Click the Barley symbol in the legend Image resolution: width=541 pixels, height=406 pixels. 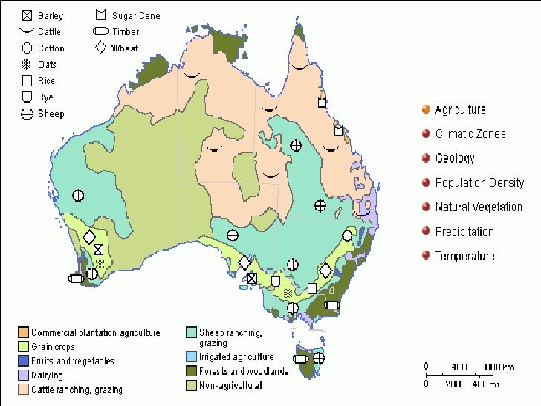click(27, 16)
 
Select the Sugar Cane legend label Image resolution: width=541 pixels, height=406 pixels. click(136, 16)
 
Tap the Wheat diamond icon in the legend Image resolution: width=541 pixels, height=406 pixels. click(100, 48)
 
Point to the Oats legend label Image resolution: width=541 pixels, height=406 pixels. click(47, 65)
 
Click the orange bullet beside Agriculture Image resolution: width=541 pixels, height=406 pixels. click(425, 109)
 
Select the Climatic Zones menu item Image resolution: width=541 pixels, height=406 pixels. click(470, 134)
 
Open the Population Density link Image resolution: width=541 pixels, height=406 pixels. click(479, 183)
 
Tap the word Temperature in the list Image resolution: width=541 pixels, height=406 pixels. click(464, 257)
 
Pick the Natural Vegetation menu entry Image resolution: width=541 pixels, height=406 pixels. click(479, 207)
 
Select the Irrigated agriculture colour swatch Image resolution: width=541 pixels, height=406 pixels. click(192, 358)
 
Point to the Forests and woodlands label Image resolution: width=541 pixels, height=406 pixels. click(243, 371)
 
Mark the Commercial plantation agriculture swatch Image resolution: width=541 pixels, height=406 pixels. click(24, 332)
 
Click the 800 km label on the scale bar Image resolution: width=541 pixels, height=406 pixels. click(499, 367)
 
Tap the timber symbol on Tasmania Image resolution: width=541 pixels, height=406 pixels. click(299, 359)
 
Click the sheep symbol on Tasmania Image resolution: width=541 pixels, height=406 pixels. click(318, 358)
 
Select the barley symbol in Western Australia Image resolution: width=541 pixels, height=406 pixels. click(98, 249)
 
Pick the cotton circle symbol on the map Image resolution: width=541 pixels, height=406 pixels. click(347, 235)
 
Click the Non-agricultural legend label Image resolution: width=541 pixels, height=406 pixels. click(231, 385)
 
